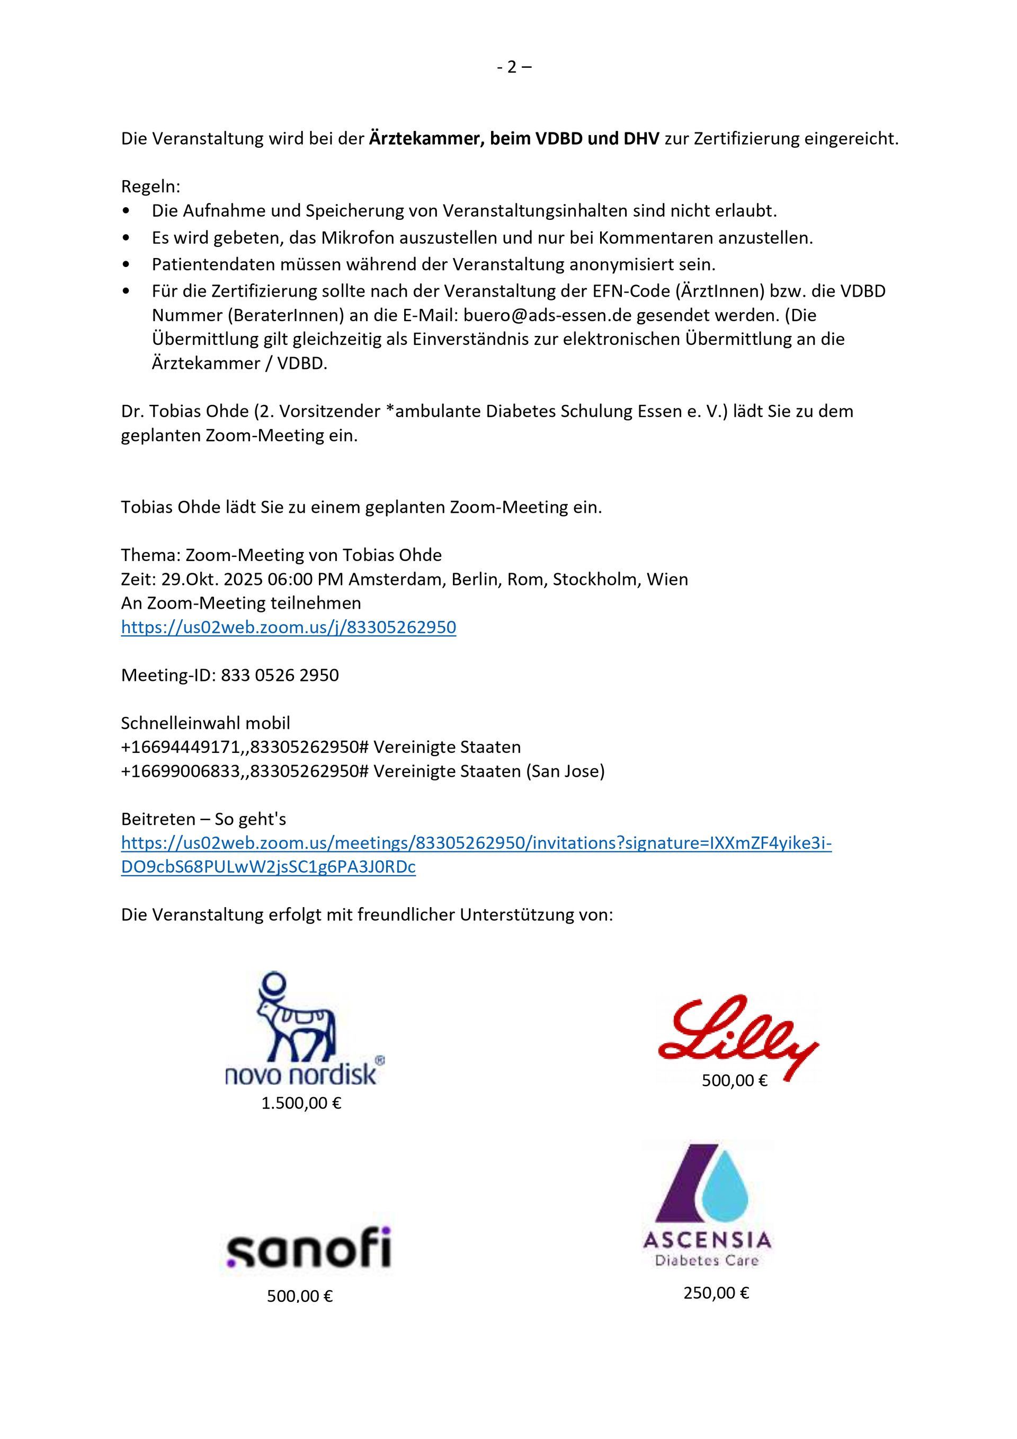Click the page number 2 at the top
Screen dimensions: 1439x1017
[512, 67]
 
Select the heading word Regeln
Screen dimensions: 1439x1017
[150, 187]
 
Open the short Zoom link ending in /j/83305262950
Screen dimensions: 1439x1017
[288, 627]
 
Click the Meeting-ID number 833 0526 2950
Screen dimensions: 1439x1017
[280, 675]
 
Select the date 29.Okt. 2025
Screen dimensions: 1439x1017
[212, 579]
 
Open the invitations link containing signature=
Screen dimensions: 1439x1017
[476, 843]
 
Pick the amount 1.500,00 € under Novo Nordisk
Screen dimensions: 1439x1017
[301, 1104]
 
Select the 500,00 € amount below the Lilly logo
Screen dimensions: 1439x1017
[734, 1080]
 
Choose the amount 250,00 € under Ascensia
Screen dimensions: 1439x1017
[716, 1293]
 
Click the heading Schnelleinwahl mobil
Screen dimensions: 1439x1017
[206, 723]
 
